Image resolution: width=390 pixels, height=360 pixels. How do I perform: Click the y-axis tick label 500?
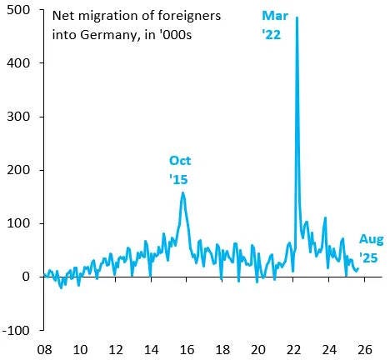(17, 10)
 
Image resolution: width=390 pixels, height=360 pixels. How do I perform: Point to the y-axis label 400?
(17, 63)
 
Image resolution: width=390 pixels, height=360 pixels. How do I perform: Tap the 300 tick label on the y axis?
(17, 117)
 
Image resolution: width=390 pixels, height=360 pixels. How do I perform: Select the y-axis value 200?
(17, 170)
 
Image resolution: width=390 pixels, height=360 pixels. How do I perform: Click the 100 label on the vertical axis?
(17, 223)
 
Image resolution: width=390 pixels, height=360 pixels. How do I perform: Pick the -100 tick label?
(16, 331)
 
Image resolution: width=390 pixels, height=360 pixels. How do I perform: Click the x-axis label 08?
(44, 350)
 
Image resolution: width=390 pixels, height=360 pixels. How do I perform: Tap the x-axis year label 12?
(116, 350)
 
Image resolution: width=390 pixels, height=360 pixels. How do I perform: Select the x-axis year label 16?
(187, 350)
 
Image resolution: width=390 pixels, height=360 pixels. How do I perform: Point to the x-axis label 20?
(257, 350)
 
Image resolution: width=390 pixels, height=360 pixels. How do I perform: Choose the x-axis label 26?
(364, 350)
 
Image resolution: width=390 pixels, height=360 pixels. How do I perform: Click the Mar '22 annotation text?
(275, 25)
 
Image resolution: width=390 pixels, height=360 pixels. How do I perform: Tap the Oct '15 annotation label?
(180, 170)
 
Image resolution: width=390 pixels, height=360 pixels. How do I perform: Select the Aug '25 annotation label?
(371, 248)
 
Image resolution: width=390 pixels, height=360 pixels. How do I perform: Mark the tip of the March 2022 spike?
(297, 17)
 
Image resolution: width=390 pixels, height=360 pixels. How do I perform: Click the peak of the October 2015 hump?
(182, 192)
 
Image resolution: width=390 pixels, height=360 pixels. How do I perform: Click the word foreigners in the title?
(189, 16)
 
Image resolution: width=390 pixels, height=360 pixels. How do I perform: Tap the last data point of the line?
(358, 268)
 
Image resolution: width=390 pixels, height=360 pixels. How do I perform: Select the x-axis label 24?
(329, 350)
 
